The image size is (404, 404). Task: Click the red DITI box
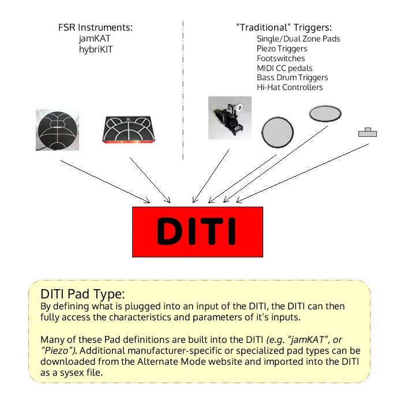[x=197, y=231]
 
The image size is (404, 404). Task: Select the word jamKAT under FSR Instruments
[x=95, y=38]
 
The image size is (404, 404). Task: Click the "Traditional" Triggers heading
[x=284, y=28]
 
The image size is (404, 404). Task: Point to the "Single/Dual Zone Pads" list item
[x=298, y=39]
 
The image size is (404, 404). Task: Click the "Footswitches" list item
[x=281, y=58]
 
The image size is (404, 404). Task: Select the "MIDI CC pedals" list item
[x=285, y=68]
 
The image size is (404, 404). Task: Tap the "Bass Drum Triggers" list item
[x=292, y=77]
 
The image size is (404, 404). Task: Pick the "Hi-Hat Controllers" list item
[x=290, y=87]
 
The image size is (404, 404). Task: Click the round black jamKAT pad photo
[x=57, y=130]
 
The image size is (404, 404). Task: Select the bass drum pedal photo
[x=230, y=118]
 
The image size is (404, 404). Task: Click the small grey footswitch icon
[x=367, y=133]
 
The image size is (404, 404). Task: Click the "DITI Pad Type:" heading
[x=83, y=293]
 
